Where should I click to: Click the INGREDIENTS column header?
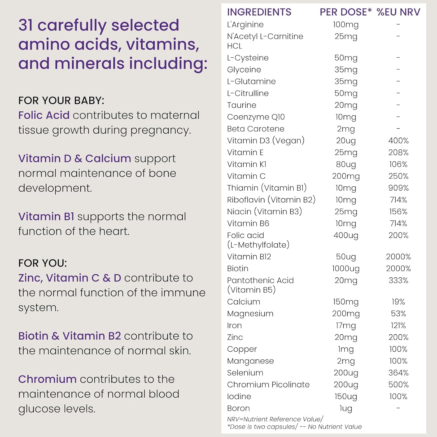(259, 12)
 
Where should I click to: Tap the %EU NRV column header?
(398, 12)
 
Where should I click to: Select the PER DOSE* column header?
(346, 12)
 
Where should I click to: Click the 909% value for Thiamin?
(398, 188)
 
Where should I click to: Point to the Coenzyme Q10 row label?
(256, 117)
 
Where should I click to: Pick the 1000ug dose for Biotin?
(346, 268)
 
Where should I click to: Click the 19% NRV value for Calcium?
(398, 302)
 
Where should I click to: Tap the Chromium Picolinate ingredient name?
(268, 385)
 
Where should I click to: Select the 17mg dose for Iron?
(346, 325)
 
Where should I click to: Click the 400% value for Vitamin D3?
(398, 141)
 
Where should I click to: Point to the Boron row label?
(238, 408)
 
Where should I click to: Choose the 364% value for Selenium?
(398, 373)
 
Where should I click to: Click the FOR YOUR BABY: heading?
(61, 101)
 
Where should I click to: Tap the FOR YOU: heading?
(43, 263)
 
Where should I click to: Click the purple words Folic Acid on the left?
(44, 115)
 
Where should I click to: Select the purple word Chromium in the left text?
(47, 379)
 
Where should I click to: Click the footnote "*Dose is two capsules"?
(262, 427)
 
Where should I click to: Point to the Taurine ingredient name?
(242, 105)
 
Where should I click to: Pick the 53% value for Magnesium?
(398, 314)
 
